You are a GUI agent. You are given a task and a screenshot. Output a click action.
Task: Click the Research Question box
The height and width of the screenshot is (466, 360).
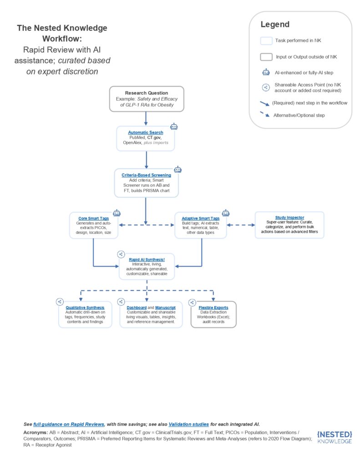[146, 99]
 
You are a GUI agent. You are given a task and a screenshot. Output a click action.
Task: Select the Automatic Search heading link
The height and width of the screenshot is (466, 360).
[146, 132]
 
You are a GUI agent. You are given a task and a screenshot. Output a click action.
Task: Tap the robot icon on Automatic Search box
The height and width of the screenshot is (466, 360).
[173, 127]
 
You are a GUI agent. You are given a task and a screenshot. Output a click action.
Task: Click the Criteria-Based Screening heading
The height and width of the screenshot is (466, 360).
[146, 175]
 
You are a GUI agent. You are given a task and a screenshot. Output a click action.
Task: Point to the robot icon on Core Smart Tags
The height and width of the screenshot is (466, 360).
[117, 213]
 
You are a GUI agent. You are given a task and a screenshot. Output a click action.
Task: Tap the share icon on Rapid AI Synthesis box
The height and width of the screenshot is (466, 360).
[121, 254]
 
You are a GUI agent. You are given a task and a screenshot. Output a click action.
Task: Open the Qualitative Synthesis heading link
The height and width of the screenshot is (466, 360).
[85, 308]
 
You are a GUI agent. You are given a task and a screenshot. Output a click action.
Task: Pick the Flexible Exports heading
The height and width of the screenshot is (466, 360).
[213, 308]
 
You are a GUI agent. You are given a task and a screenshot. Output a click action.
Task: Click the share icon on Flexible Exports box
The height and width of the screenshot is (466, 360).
[192, 302]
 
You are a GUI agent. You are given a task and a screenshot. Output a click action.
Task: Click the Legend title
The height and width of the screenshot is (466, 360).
[274, 25]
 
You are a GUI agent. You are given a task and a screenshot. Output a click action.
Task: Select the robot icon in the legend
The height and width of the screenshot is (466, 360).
[266, 71]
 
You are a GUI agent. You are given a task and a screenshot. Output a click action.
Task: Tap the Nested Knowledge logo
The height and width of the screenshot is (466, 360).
[335, 437]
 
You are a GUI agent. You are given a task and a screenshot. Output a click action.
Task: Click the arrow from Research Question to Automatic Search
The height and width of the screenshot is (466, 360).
[146, 118]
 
